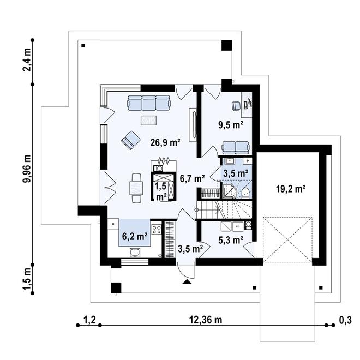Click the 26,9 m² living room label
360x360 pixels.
coord(165,143)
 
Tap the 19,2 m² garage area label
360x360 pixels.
coord(290,189)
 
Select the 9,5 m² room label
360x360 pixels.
coord(231,125)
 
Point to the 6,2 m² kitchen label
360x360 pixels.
coord(135,236)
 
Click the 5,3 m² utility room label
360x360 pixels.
coord(231,240)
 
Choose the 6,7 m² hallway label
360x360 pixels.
coord(192,178)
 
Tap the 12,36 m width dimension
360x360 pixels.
coord(206,320)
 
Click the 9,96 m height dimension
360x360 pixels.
coord(27,169)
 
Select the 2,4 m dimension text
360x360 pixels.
coord(27,62)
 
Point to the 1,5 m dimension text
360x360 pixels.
coord(27,279)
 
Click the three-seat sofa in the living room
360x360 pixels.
coord(149,103)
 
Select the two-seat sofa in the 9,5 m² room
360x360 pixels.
coord(235,148)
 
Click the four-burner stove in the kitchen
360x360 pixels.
coord(157,229)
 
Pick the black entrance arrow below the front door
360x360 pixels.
coord(187,282)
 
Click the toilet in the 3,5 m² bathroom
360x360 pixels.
coord(245,193)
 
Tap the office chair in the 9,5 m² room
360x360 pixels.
coord(236,106)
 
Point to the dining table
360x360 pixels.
coord(136,188)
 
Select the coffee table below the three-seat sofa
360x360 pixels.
coord(148,121)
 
